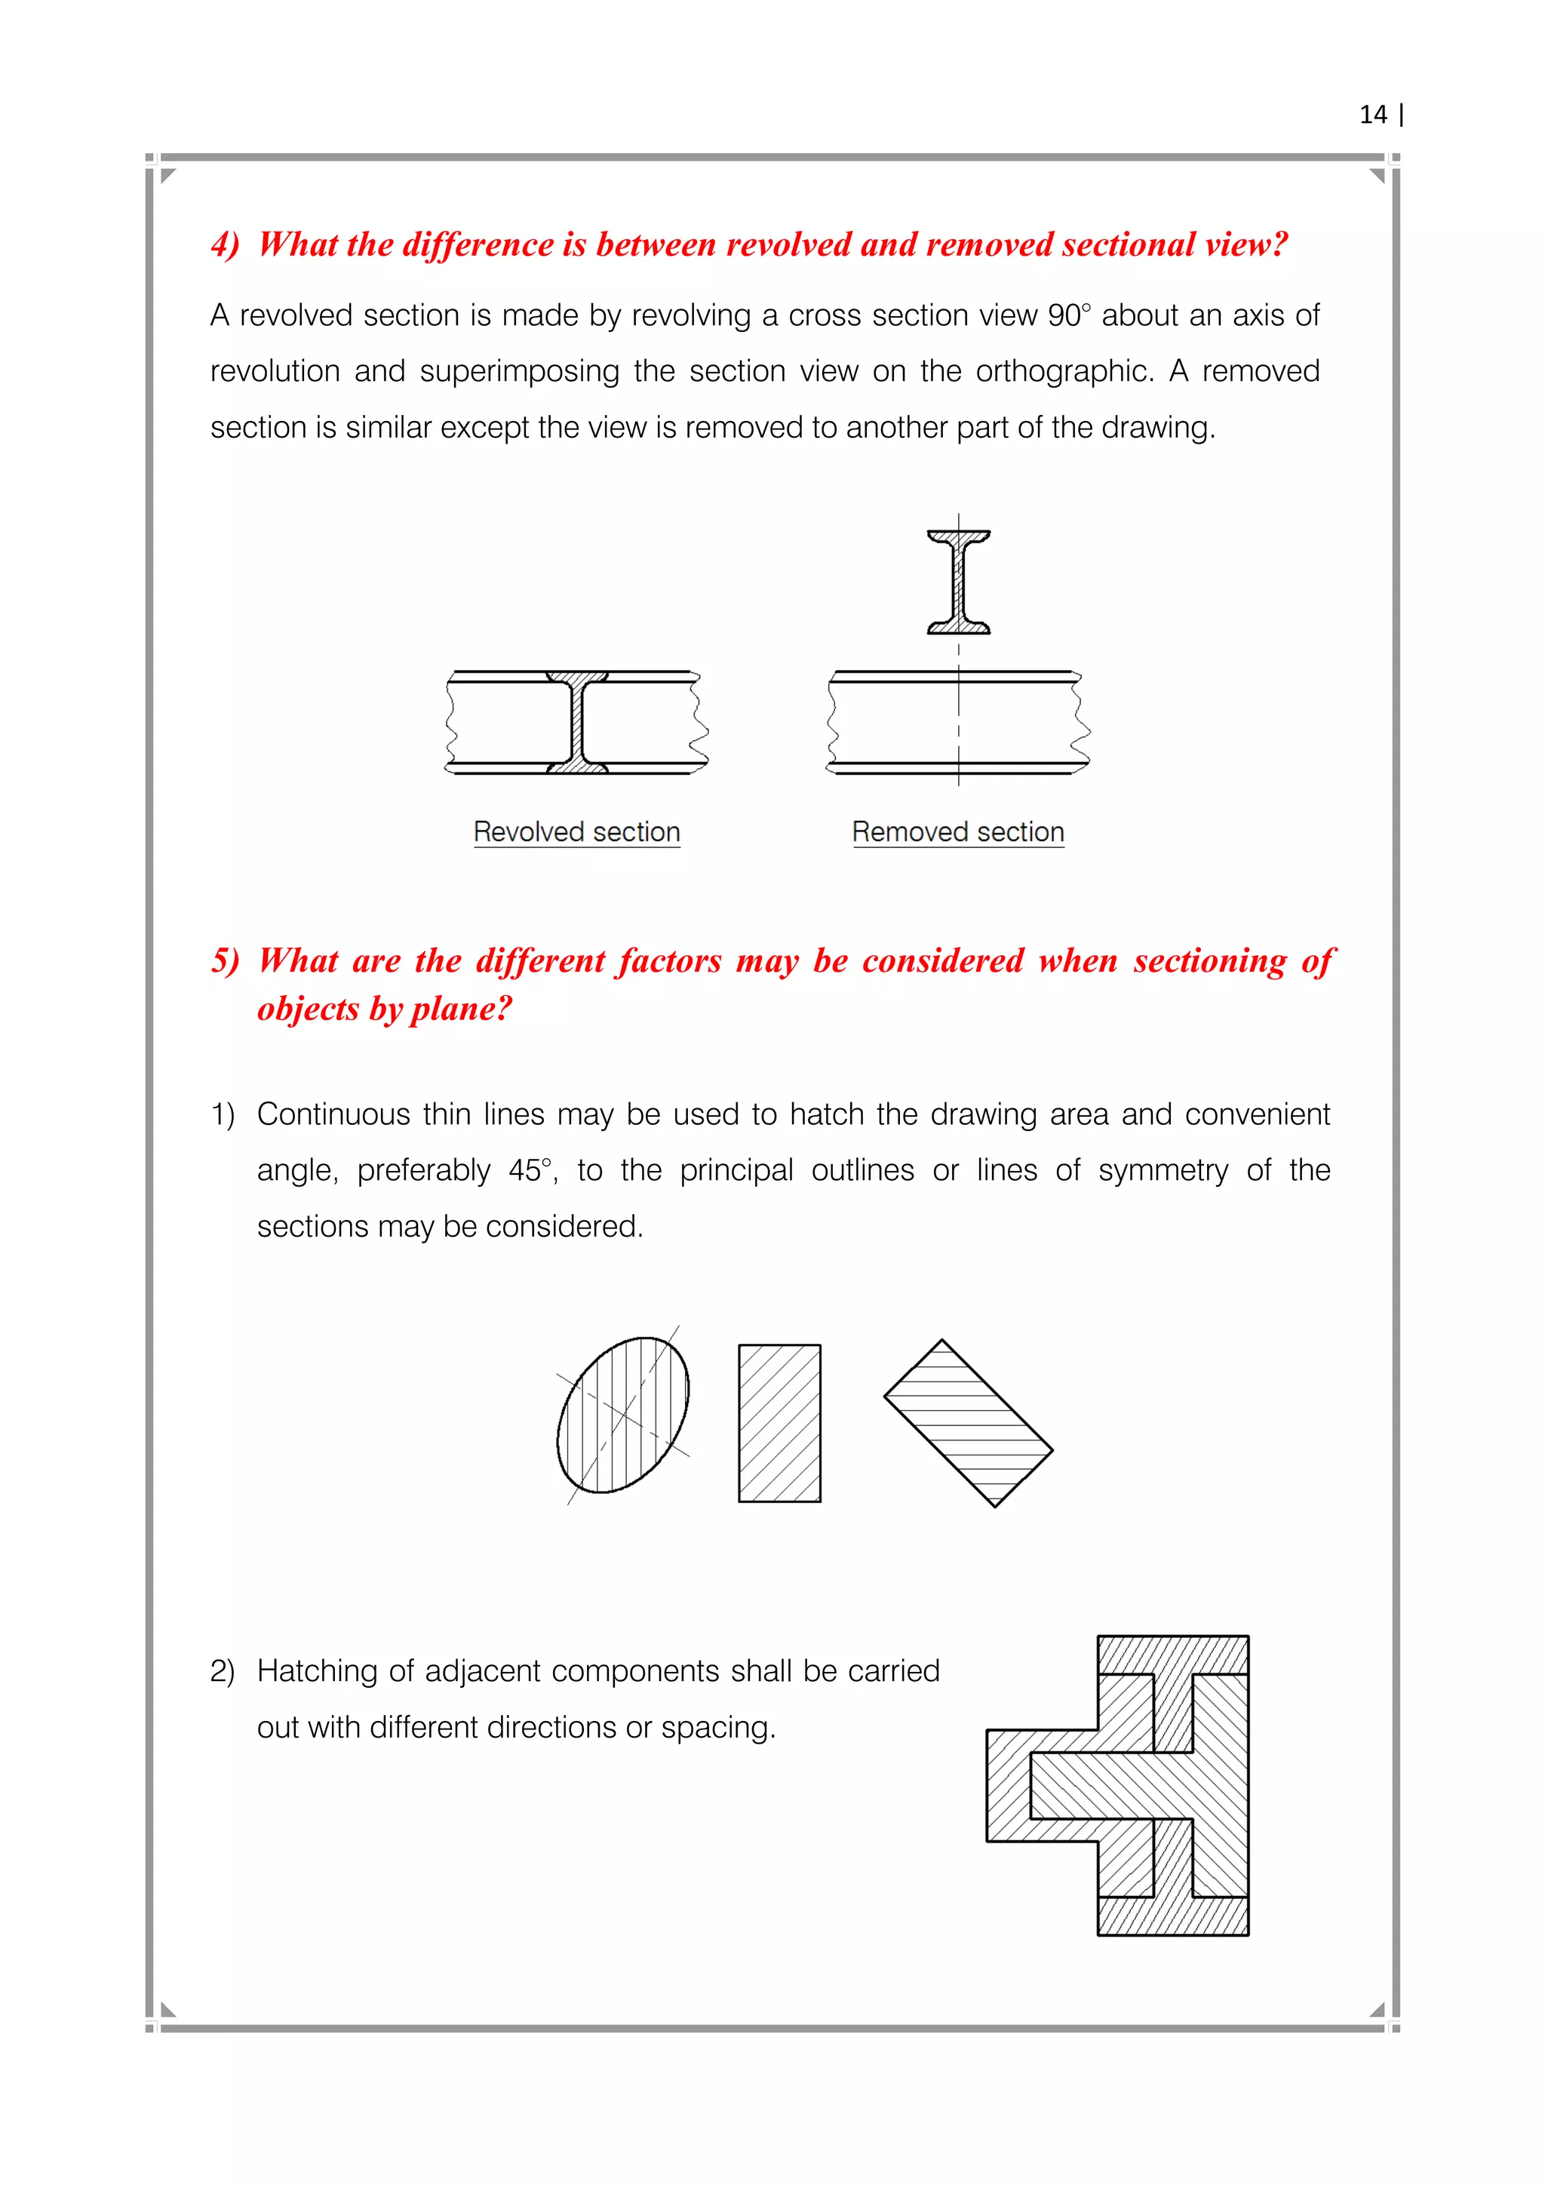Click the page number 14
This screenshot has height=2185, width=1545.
point(1373,115)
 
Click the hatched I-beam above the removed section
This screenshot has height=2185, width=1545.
point(959,582)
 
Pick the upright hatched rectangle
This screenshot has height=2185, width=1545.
point(780,1423)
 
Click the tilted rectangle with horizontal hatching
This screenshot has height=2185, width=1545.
point(969,1423)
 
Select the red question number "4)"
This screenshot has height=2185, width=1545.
point(226,244)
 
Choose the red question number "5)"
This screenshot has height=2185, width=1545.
point(226,960)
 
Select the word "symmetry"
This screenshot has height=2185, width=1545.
point(1163,1170)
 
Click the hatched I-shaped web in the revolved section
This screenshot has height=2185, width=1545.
point(577,722)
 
